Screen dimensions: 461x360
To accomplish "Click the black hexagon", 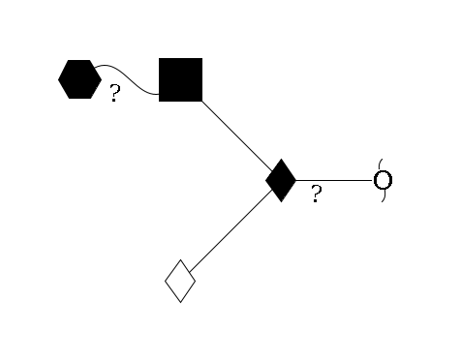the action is pos(79,79).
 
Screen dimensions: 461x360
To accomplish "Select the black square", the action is pos(180,79).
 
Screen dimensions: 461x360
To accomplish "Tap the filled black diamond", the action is pos(281,180).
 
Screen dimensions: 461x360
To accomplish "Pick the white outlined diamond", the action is pos(180,281).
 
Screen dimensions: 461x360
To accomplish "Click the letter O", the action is pos(383,180).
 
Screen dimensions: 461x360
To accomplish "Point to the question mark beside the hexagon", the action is pos(114,95).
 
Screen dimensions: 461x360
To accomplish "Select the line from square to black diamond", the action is pos(237,136).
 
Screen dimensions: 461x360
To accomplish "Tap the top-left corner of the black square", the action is pos(160,59).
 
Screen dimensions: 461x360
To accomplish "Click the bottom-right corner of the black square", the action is pos(201,100).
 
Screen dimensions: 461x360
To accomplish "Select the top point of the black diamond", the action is pos(281,159).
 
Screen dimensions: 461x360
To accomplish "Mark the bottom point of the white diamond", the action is pos(180,302).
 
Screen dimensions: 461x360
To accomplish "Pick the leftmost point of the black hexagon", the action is pos(58,79).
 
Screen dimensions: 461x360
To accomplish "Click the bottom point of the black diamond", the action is pos(281,201).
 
